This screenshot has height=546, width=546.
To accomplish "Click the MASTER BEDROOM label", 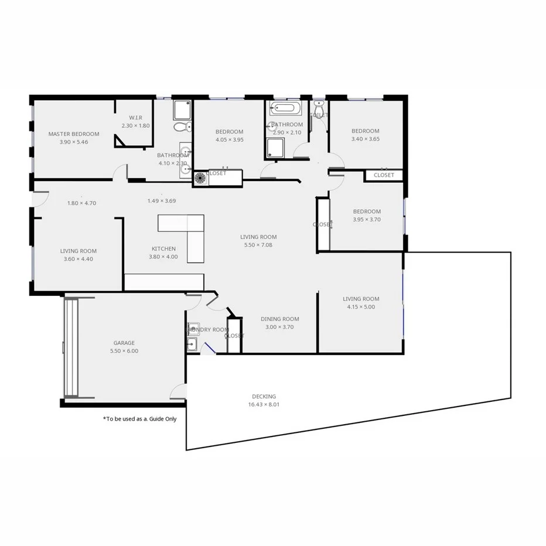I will pyautogui.click(x=73, y=134).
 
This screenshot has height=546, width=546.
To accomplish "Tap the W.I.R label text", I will pyautogui.click(x=136, y=118).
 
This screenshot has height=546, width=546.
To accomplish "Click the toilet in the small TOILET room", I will pyautogui.click(x=319, y=110).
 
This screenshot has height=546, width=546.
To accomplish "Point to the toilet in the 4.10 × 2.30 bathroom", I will pyautogui.click(x=181, y=127).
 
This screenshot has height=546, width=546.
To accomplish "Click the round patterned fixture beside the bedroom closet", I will pyautogui.click(x=200, y=178).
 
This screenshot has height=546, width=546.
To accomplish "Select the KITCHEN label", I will pyautogui.click(x=163, y=249).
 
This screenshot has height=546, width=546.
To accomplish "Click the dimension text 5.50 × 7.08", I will pyautogui.click(x=258, y=245).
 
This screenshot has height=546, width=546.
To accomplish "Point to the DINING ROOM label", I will pyautogui.click(x=279, y=319).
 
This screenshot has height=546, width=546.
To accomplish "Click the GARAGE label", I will pyautogui.click(x=124, y=343).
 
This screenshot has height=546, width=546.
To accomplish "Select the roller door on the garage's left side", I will pyautogui.click(x=71, y=348).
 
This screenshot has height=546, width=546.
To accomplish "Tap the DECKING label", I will pyautogui.click(x=264, y=397).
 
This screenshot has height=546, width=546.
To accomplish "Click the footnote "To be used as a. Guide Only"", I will pyautogui.click(x=139, y=419).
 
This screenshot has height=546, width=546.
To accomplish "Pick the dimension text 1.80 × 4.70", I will pyautogui.click(x=81, y=203).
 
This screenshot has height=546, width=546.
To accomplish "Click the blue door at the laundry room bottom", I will pyautogui.click(x=207, y=348).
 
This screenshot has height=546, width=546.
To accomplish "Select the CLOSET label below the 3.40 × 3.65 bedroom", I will pyautogui.click(x=384, y=175).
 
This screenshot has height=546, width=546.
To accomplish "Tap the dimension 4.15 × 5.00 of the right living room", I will pyautogui.click(x=361, y=306).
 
